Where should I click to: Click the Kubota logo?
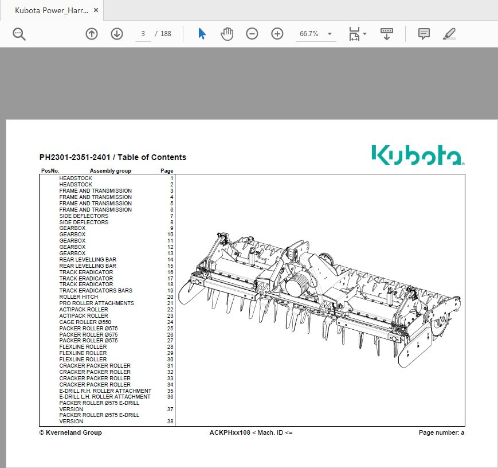(x=418, y=155)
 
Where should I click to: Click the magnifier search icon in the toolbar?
(x=19, y=34)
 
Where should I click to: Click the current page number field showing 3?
(x=143, y=34)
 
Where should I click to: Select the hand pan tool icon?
(x=227, y=34)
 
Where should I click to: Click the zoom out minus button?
(x=252, y=34)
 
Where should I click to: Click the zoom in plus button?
(x=277, y=34)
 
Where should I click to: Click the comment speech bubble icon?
(x=424, y=34)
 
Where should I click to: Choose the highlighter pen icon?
(x=449, y=34)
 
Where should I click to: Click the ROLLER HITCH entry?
(x=79, y=297)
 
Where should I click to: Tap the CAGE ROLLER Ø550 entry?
(x=85, y=322)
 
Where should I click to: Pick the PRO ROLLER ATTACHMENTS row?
(x=96, y=303)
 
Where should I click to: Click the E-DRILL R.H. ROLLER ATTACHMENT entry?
(x=105, y=391)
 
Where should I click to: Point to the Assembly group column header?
(x=110, y=171)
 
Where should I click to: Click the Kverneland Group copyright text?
(x=70, y=432)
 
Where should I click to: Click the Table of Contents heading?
(x=112, y=157)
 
